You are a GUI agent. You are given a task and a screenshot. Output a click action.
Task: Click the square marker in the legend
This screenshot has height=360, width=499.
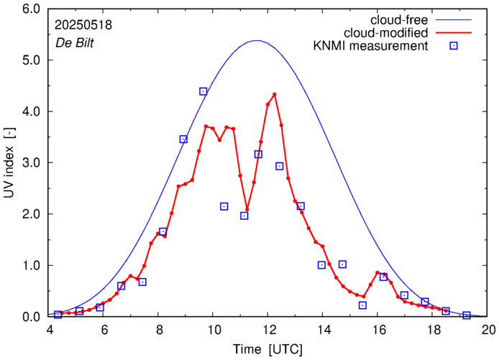(x=454, y=47)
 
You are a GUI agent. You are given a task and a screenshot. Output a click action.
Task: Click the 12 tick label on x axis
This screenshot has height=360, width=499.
(x=269, y=329)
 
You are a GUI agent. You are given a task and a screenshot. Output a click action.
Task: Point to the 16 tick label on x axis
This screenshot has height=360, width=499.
(x=379, y=329)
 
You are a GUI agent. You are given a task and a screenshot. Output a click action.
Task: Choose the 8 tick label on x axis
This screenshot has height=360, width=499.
(x=159, y=329)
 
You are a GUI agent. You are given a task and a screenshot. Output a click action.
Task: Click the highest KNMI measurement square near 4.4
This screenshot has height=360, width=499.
(x=203, y=91)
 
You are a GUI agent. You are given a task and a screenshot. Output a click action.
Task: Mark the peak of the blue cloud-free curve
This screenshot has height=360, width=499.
(x=257, y=41)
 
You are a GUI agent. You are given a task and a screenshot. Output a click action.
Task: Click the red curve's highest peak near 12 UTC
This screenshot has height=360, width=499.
(x=275, y=94)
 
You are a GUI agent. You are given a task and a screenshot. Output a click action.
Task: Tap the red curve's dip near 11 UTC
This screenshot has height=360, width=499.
(x=247, y=209)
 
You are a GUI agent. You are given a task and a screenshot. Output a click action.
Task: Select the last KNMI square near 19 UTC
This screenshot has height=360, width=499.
(x=467, y=315)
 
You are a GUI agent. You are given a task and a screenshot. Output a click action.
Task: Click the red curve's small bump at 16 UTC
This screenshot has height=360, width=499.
(x=377, y=272)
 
